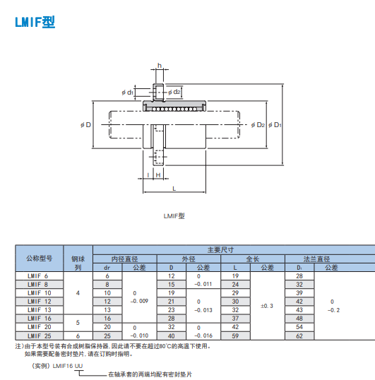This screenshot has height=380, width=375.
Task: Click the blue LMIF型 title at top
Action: point(35,22)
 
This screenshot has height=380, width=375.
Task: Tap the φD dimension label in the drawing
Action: point(85,125)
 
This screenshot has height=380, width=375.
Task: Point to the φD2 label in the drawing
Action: point(258,125)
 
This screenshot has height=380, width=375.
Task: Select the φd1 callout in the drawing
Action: point(127,93)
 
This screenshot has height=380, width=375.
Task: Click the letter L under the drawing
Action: point(174,189)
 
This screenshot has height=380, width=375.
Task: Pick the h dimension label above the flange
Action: point(160,66)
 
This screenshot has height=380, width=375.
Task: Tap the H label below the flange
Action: point(158,175)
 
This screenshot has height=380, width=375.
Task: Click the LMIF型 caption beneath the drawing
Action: point(174,216)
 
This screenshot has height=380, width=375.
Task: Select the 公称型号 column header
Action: point(40,259)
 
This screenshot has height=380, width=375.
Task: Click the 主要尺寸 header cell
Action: point(220,250)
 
